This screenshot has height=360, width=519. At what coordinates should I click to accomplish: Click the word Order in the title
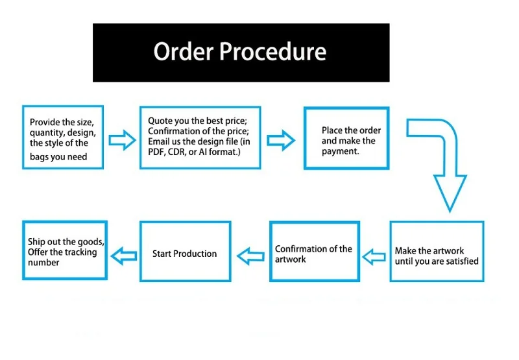[x=182, y=52]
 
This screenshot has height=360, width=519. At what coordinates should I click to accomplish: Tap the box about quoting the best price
[x=200, y=138]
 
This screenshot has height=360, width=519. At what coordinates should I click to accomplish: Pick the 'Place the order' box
[x=346, y=138]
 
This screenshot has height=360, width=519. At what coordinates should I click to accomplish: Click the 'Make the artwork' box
[x=436, y=251]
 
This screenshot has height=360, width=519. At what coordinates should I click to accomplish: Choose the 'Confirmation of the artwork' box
[x=313, y=251]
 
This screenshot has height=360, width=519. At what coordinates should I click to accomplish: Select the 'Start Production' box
[x=186, y=251]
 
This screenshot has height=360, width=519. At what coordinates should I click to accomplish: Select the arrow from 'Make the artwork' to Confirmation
[x=374, y=256]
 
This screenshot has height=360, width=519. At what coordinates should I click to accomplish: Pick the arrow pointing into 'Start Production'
[x=250, y=256]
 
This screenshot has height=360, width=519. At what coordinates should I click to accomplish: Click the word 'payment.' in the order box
[x=341, y=151]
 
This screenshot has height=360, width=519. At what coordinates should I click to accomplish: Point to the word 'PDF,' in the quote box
[x=158, y=152]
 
